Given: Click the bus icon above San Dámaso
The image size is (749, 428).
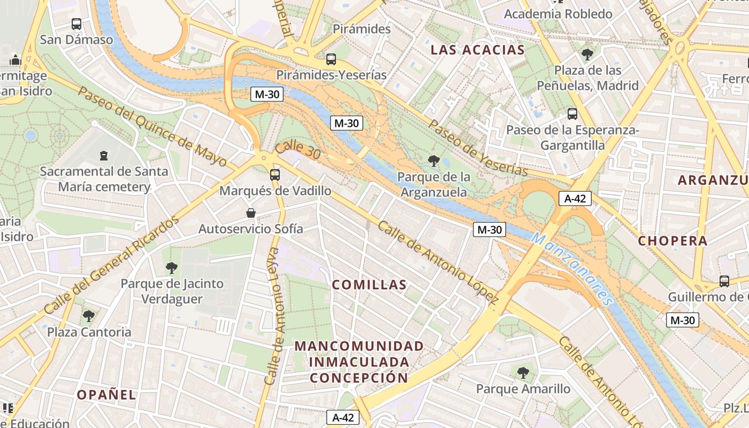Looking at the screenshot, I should (x=77, y=24).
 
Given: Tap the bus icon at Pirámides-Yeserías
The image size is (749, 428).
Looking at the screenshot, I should (x=331, y=59).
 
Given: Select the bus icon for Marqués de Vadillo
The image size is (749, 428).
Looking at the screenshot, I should (x=275, y=175).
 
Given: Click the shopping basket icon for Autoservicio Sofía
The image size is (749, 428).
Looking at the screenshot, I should (x=250, y=213).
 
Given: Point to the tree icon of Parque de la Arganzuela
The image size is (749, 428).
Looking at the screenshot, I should (x=433, y=160).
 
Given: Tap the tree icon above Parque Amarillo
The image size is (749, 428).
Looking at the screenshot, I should (x=523, y=373).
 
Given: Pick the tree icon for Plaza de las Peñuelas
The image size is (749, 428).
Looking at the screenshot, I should (x=587, y=55).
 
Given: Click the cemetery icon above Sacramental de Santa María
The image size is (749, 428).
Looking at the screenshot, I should (x=103, y=156).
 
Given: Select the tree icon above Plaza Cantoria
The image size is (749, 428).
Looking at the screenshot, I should (x=89, y=316).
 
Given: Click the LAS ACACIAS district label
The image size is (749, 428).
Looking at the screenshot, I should (x=477, y=50).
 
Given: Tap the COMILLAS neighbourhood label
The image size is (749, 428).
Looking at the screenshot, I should (x=369, y=285).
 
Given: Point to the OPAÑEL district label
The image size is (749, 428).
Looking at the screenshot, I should (x=106, y=395).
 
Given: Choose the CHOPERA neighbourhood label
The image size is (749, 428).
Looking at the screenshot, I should (x=672, y=241).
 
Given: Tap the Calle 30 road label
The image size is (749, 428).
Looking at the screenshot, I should (x=298, y=150).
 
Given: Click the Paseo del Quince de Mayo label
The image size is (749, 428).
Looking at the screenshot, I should (x=152, y=127).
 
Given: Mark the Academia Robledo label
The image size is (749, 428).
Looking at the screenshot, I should (x=558, y=14).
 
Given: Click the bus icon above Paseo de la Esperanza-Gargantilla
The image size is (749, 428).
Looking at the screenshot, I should (x=572, y=114).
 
